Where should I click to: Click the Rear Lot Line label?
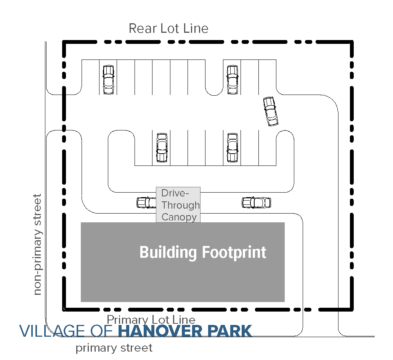click(x=168, y=29)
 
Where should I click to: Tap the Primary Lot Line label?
click(x=151, y=320)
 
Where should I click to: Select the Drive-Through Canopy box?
click(x=178, y=205)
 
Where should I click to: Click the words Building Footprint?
click(x=202, y=252)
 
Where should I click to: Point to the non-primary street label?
click(x=37, y=244)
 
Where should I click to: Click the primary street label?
click(x=114, y=348)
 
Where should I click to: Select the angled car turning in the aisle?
click(x=271, y=111)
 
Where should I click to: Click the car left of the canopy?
click(x=146, y=202)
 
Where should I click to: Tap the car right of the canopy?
click(x=256, y=202)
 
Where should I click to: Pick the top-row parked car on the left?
click(x=108, y=80)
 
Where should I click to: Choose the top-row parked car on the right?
click(x=233, y=80)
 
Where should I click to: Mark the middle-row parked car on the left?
click(x=162, y=148)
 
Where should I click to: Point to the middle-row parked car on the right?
click(x=232, y=147)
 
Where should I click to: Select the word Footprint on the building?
click(x=234, y=252)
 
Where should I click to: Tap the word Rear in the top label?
click(x=139, y=29)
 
